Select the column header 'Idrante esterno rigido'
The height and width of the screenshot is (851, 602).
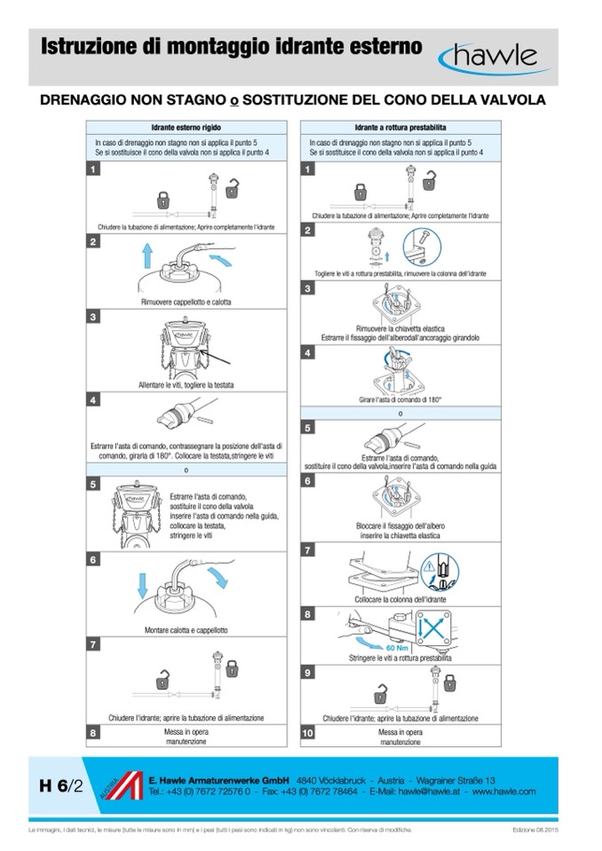[186, 128]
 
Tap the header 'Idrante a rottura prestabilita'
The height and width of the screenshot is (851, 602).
[400, 128]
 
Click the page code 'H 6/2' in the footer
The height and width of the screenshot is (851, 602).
[60, 784]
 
